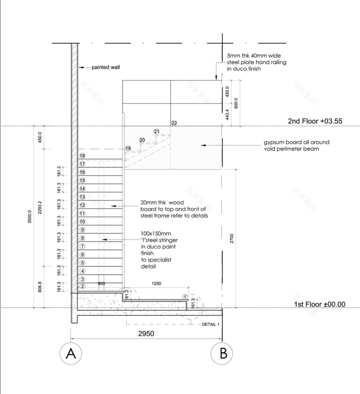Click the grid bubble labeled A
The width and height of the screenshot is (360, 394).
71,353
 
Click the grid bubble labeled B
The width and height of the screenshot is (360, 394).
222,353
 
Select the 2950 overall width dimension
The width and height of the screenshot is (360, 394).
146,333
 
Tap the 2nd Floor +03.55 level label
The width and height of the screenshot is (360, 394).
315,121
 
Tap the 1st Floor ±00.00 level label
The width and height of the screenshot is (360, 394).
319,304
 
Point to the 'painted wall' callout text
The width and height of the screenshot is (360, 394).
106,67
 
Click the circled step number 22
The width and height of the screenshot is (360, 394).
174,123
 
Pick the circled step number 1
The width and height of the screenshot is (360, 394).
185,297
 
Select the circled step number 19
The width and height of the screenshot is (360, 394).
128,148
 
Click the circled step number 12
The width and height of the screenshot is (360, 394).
82,205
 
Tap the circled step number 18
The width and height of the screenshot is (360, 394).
82,156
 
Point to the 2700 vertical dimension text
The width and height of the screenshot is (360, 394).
232,239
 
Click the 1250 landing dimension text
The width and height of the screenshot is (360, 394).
157,283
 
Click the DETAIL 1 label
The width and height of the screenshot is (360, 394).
211,324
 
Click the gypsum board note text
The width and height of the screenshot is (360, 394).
296,146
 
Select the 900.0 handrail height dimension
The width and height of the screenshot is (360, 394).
236,104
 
